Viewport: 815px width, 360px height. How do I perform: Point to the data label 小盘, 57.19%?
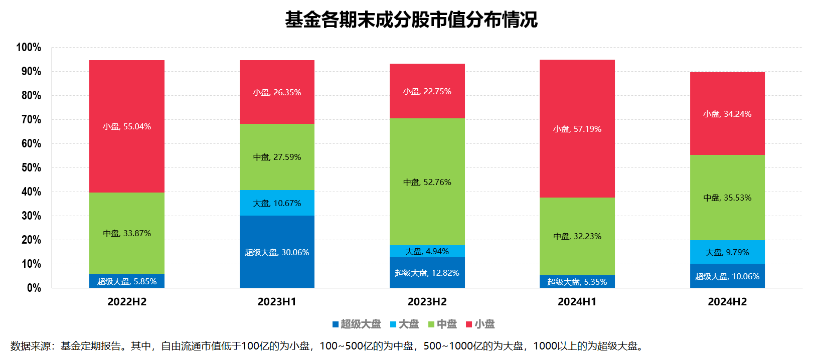[577, 129]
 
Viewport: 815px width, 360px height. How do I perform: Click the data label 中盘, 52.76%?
[427, 182]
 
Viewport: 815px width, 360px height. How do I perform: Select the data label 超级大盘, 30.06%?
[277, 252]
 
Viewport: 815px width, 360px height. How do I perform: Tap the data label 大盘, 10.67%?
[277, 203]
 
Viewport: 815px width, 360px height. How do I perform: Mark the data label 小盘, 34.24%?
[727, 114]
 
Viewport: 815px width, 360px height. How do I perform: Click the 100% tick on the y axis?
[29, 47]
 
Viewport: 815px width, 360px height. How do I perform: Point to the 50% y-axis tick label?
[31, 167]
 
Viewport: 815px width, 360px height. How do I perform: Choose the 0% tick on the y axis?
[34, 288]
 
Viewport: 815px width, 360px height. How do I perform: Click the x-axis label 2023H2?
[427, 302]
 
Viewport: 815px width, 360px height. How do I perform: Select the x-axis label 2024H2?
[727, 302]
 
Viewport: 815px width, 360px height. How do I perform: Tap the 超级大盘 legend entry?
[357, 324]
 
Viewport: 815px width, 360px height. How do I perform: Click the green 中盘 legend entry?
[442, 324]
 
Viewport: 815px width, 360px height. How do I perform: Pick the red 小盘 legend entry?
[480, 324]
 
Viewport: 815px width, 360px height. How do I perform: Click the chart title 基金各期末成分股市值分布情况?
[411, 20]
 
